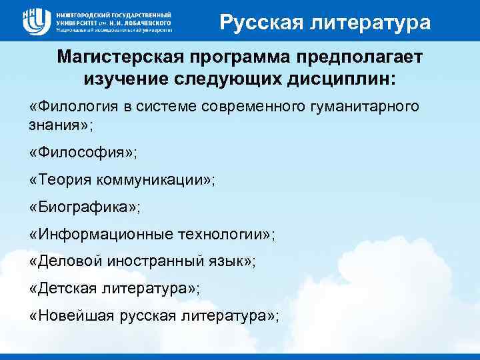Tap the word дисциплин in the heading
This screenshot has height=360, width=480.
click(x=349, y=79)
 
